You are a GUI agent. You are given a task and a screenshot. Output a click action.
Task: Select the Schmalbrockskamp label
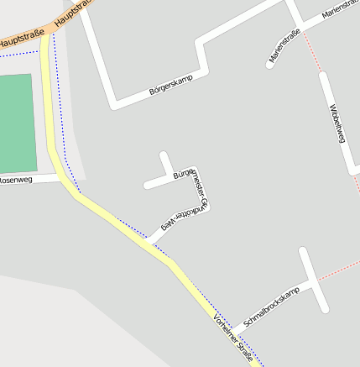coord(270,308)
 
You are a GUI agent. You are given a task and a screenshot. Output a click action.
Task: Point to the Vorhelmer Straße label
coord(232,333)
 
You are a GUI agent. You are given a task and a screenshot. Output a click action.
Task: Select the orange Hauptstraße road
coord(34,34)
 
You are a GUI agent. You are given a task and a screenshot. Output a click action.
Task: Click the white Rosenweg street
coord(42,178)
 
